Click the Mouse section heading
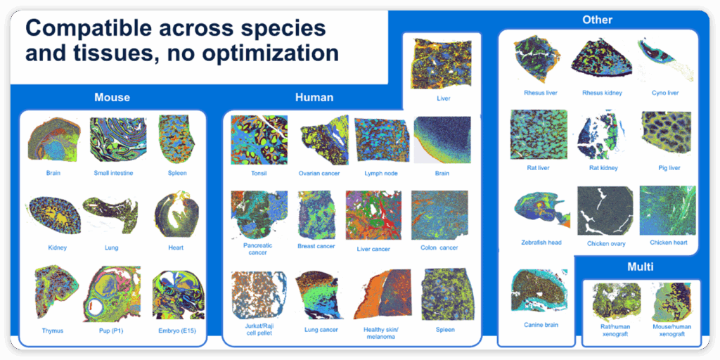(112, 97)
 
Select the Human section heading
(314, 97)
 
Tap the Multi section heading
(640, 266)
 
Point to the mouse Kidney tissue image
(55, 215)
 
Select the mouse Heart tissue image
(176, 215)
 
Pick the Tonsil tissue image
(259, 140)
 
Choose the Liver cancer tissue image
(374, 216)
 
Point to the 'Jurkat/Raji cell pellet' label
(259, 330)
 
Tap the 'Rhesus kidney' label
(602, 93)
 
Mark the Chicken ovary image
(605, 211)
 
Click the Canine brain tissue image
(539, 293)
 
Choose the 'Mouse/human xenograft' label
(671, 330)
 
